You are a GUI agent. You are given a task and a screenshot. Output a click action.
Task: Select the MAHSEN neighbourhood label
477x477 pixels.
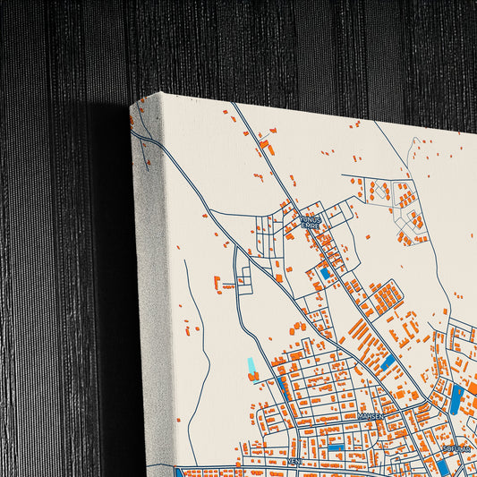[370, 416]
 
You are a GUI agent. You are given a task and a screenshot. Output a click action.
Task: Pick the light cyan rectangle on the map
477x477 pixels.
[251, 367]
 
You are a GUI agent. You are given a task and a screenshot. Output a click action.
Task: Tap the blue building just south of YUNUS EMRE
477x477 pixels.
[324, 274]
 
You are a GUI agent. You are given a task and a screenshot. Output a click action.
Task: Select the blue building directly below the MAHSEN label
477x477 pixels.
[336, 446]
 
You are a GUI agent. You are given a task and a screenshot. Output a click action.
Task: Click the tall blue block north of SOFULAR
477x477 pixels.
[456, 398]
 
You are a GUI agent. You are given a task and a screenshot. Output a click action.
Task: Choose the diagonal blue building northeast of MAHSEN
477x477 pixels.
[388, 363]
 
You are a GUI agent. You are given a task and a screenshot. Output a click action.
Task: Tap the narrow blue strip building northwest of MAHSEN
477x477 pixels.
[285, 385]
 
